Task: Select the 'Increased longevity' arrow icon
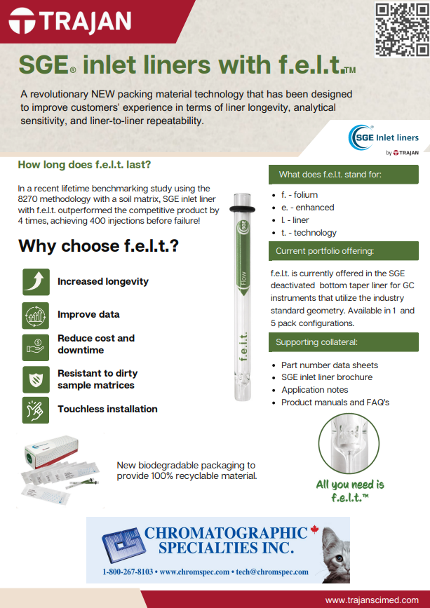(36, 281)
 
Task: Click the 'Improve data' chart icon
(36, 315)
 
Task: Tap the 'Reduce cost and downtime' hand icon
(36, 344)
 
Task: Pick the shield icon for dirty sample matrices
(36, 379)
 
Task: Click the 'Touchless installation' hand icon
(36, 409)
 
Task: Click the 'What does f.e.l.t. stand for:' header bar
(344, 174)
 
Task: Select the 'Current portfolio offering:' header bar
(344, 250)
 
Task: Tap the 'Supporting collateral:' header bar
(344, 342)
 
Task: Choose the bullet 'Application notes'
(314, 390)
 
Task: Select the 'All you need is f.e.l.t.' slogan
(350, 490)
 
